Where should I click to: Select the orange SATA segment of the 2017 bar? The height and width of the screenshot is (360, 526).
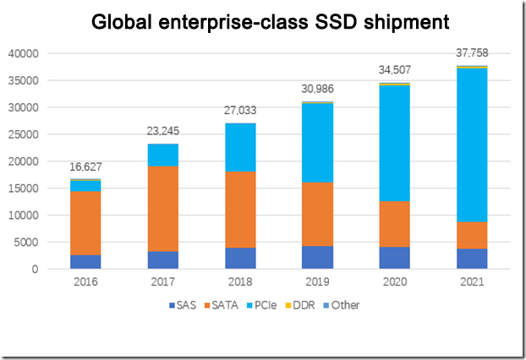coord(162,209)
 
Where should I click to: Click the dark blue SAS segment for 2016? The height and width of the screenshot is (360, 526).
coord(85,262)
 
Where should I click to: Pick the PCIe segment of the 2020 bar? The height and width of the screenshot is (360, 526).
coord(394,143)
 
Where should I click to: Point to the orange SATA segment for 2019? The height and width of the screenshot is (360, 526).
coord(317,214)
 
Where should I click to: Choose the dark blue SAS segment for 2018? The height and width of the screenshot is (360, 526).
coord(239,259)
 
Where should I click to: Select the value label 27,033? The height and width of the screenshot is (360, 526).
coord(239,111)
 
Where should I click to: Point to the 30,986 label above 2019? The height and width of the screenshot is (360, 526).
coord(317,90)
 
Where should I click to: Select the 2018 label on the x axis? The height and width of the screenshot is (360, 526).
coord(239,282)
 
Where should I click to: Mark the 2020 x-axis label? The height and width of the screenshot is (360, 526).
coord(394,282)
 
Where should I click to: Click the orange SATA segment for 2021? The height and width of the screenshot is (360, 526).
coord(471,235)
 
